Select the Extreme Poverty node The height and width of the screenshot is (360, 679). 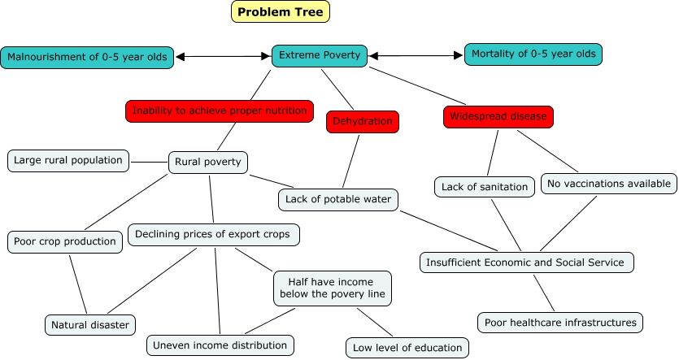tap(320, 55)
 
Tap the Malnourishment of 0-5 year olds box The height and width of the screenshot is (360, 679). tap(87, 58)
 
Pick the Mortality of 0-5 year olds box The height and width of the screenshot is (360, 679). tap(533, 55)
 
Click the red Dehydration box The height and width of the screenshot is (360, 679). tap(363, 122)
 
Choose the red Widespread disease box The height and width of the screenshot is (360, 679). tap(498, 116)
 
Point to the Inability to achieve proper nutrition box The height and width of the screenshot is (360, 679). tap(220, 111)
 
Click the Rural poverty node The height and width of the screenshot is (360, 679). tap(208, 162)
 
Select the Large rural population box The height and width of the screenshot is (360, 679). tap(68, 160)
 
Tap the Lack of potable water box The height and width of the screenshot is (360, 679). tap(338, 198)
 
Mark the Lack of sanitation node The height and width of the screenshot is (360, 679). tap(485, 187)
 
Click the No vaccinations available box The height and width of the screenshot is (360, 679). tap(609, 184)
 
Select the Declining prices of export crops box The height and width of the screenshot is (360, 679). tap(214, 236)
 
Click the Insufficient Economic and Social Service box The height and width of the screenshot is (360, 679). tap(527, 262)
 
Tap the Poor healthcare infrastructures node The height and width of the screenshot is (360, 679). tap(560, 322)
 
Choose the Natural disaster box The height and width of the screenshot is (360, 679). tap(90, 325)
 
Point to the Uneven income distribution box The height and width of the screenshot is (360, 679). tap(220, 345)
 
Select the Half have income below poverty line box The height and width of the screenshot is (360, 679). tap(332, 288)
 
